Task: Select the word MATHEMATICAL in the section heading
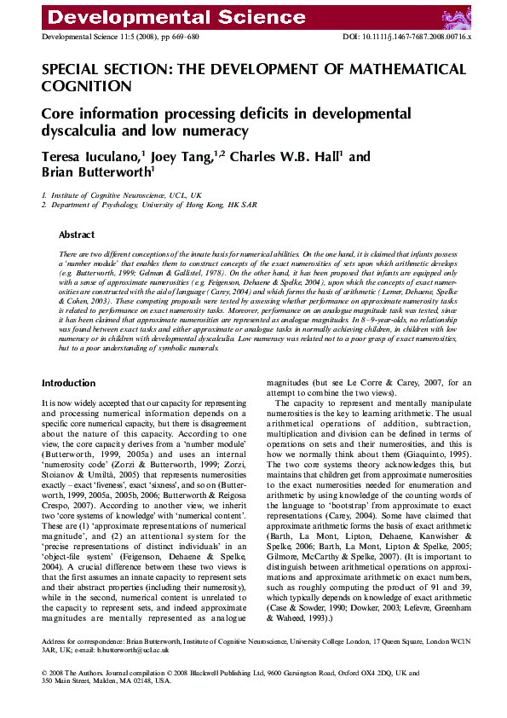[x=395, y=69]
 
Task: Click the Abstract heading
[x=77, y=235]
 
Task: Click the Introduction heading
[x=69, y=383]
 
